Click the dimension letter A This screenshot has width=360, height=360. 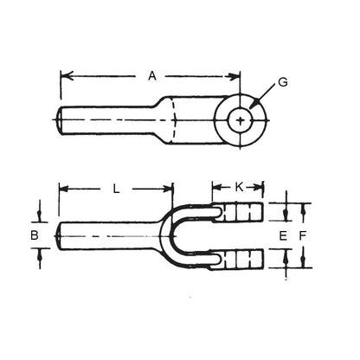[x=151, y=76]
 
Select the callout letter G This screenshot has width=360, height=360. [x=283, y=84]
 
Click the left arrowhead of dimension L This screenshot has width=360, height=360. [x=62, y=188]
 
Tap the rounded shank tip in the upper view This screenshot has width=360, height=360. [x=61, y=119]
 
